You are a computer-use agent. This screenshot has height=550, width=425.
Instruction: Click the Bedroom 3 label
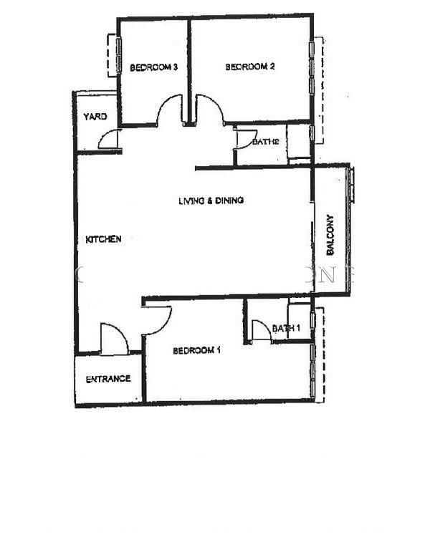(153, 67)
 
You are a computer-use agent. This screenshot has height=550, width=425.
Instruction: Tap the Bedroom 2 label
(249, 67)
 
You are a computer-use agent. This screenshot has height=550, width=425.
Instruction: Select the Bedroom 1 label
(196, 350)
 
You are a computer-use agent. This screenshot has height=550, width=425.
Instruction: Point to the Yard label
(95, 117)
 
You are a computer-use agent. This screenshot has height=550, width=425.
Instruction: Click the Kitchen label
(103, 239)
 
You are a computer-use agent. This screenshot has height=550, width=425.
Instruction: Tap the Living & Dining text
(211, 201)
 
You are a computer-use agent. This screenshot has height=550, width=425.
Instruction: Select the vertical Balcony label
(330, 234)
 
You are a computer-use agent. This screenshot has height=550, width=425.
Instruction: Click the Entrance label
(108, 379)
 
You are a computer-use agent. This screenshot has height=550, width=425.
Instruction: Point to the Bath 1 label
(286, 328)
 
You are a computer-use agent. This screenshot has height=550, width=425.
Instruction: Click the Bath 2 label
(265, 142)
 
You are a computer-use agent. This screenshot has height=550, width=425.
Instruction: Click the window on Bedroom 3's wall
(119, 55)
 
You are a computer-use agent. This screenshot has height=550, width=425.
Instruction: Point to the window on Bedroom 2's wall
(311, 67)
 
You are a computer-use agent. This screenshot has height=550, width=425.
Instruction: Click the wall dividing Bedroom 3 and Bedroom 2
(188, 71)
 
